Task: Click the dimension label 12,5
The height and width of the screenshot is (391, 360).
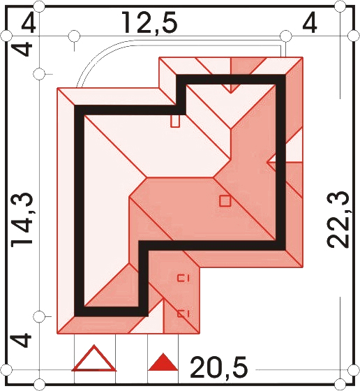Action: [x=150, y=23]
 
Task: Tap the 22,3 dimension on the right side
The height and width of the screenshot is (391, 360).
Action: [x=338, y=219]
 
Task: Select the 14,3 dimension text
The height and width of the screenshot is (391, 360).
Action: [x=22, y=220]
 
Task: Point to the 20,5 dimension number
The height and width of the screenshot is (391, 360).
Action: [x=219, y=367]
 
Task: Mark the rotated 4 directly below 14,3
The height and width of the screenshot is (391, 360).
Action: [x=21, y=341]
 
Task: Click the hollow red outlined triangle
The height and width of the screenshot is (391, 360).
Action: [x=94, y=358]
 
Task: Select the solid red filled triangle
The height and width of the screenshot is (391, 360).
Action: [x=163, y=362]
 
